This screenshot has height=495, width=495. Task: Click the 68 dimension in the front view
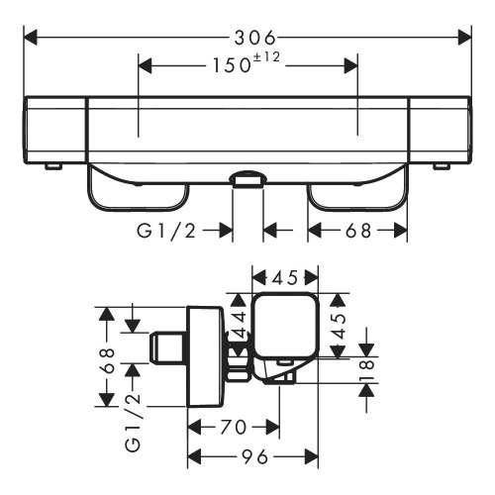click(x=357, y=231)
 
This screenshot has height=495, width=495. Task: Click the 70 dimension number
click(x=234, y=428)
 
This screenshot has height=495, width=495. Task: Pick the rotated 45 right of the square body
click(x=338, y=319)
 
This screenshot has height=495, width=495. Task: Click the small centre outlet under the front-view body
click(x=247, y=179)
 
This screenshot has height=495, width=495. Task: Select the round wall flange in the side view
click(x=206, y=357)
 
